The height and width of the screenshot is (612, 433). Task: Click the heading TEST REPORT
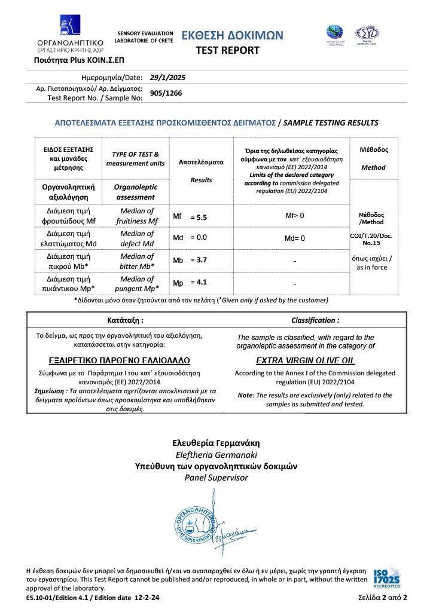[228, 50]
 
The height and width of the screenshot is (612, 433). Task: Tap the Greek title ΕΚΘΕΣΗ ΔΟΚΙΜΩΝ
[232, 35]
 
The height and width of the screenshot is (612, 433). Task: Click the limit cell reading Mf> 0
[295, 215]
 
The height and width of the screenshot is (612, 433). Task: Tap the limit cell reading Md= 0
[295, 238]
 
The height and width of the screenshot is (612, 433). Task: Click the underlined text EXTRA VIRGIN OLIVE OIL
[305, 361]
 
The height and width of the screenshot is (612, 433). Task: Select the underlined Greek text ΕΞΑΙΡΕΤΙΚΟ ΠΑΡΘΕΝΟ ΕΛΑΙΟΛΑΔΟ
[119, 361]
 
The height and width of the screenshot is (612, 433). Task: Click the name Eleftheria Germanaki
[216, 455]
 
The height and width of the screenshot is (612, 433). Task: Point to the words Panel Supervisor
[216, 478]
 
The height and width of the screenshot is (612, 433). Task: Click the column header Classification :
[315, 320]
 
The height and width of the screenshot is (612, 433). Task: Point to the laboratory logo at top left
[70, 31]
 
